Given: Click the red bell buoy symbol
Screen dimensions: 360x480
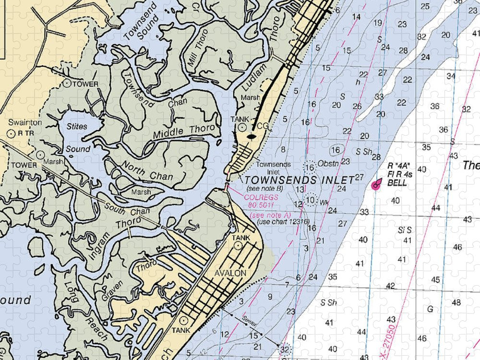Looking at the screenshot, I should (376, 184).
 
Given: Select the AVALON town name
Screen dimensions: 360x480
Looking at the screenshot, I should (230, 273).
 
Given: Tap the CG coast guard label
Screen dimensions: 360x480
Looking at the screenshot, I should (262, 126).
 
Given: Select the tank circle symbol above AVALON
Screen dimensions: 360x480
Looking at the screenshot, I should (238, 246).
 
